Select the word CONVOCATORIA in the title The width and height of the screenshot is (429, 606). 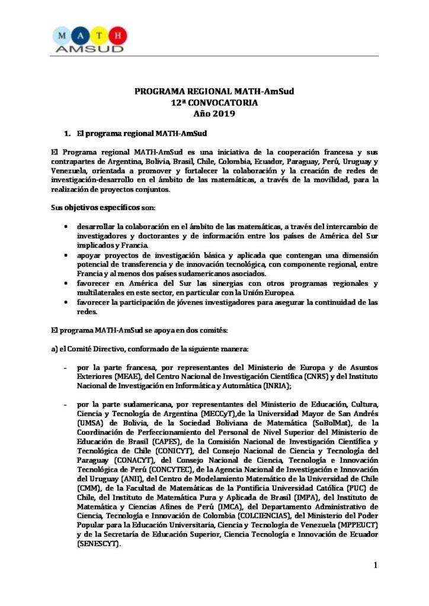pyautogui.click(x=219, y=102)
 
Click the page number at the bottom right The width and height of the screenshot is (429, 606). pyautogui.click(x=375, y=566)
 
